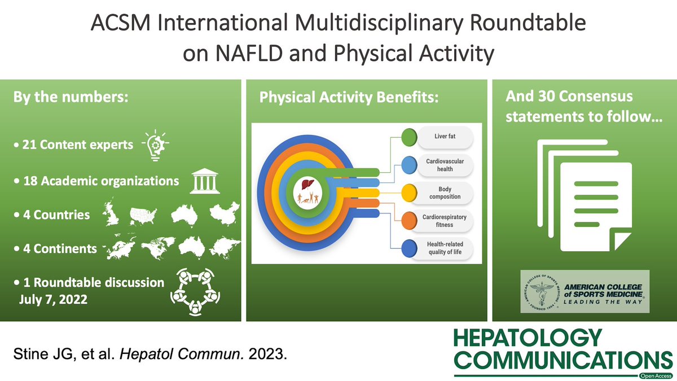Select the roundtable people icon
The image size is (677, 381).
click(195, 290)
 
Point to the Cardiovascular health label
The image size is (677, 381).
click(443, 165)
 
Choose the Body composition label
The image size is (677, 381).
click(443, 192)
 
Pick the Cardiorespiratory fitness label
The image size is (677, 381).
click(445, 220)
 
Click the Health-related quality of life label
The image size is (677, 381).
click(445, 248)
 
